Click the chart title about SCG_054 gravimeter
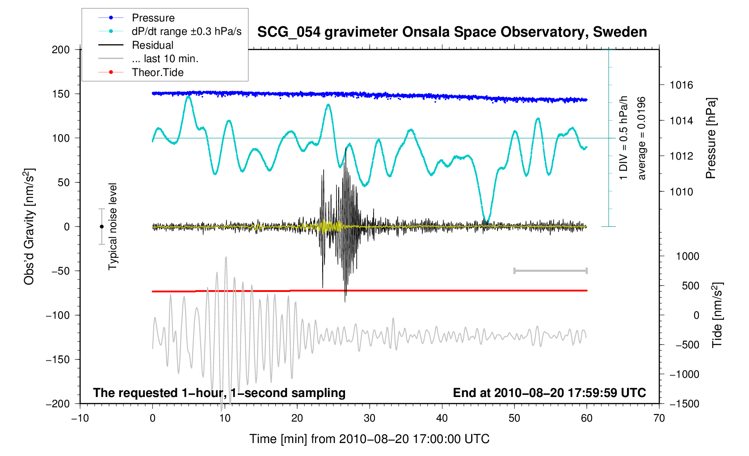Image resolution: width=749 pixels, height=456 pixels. coord(452,32)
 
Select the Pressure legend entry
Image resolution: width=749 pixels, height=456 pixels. coord(153,18)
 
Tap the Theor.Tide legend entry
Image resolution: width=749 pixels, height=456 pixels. coord(157,72)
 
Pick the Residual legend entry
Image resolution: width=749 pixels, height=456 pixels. coord(152,45)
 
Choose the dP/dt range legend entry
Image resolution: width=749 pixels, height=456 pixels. coord(186,31)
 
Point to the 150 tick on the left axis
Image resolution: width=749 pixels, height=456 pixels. coord(61,94)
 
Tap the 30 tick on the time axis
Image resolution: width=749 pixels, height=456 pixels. coord(370,418)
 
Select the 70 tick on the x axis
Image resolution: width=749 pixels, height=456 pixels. coord(659,418)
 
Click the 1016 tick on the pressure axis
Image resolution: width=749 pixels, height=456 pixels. coord(681,85)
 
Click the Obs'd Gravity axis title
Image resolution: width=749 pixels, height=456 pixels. coord(29,227)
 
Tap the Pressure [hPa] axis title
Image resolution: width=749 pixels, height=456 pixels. coord(711,139)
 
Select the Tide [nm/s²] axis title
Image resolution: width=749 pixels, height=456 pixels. coord(717,315)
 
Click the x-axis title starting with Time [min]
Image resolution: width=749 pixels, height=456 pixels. coord(369,439)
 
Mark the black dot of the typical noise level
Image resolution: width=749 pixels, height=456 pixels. coord(101,227)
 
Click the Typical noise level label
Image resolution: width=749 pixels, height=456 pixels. coord(113,227)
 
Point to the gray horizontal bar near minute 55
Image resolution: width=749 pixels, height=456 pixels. coord(550,270)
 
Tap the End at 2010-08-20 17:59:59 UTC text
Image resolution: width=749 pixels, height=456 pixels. coord(549,393)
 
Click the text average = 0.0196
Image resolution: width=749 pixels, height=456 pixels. coord(642,139)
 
